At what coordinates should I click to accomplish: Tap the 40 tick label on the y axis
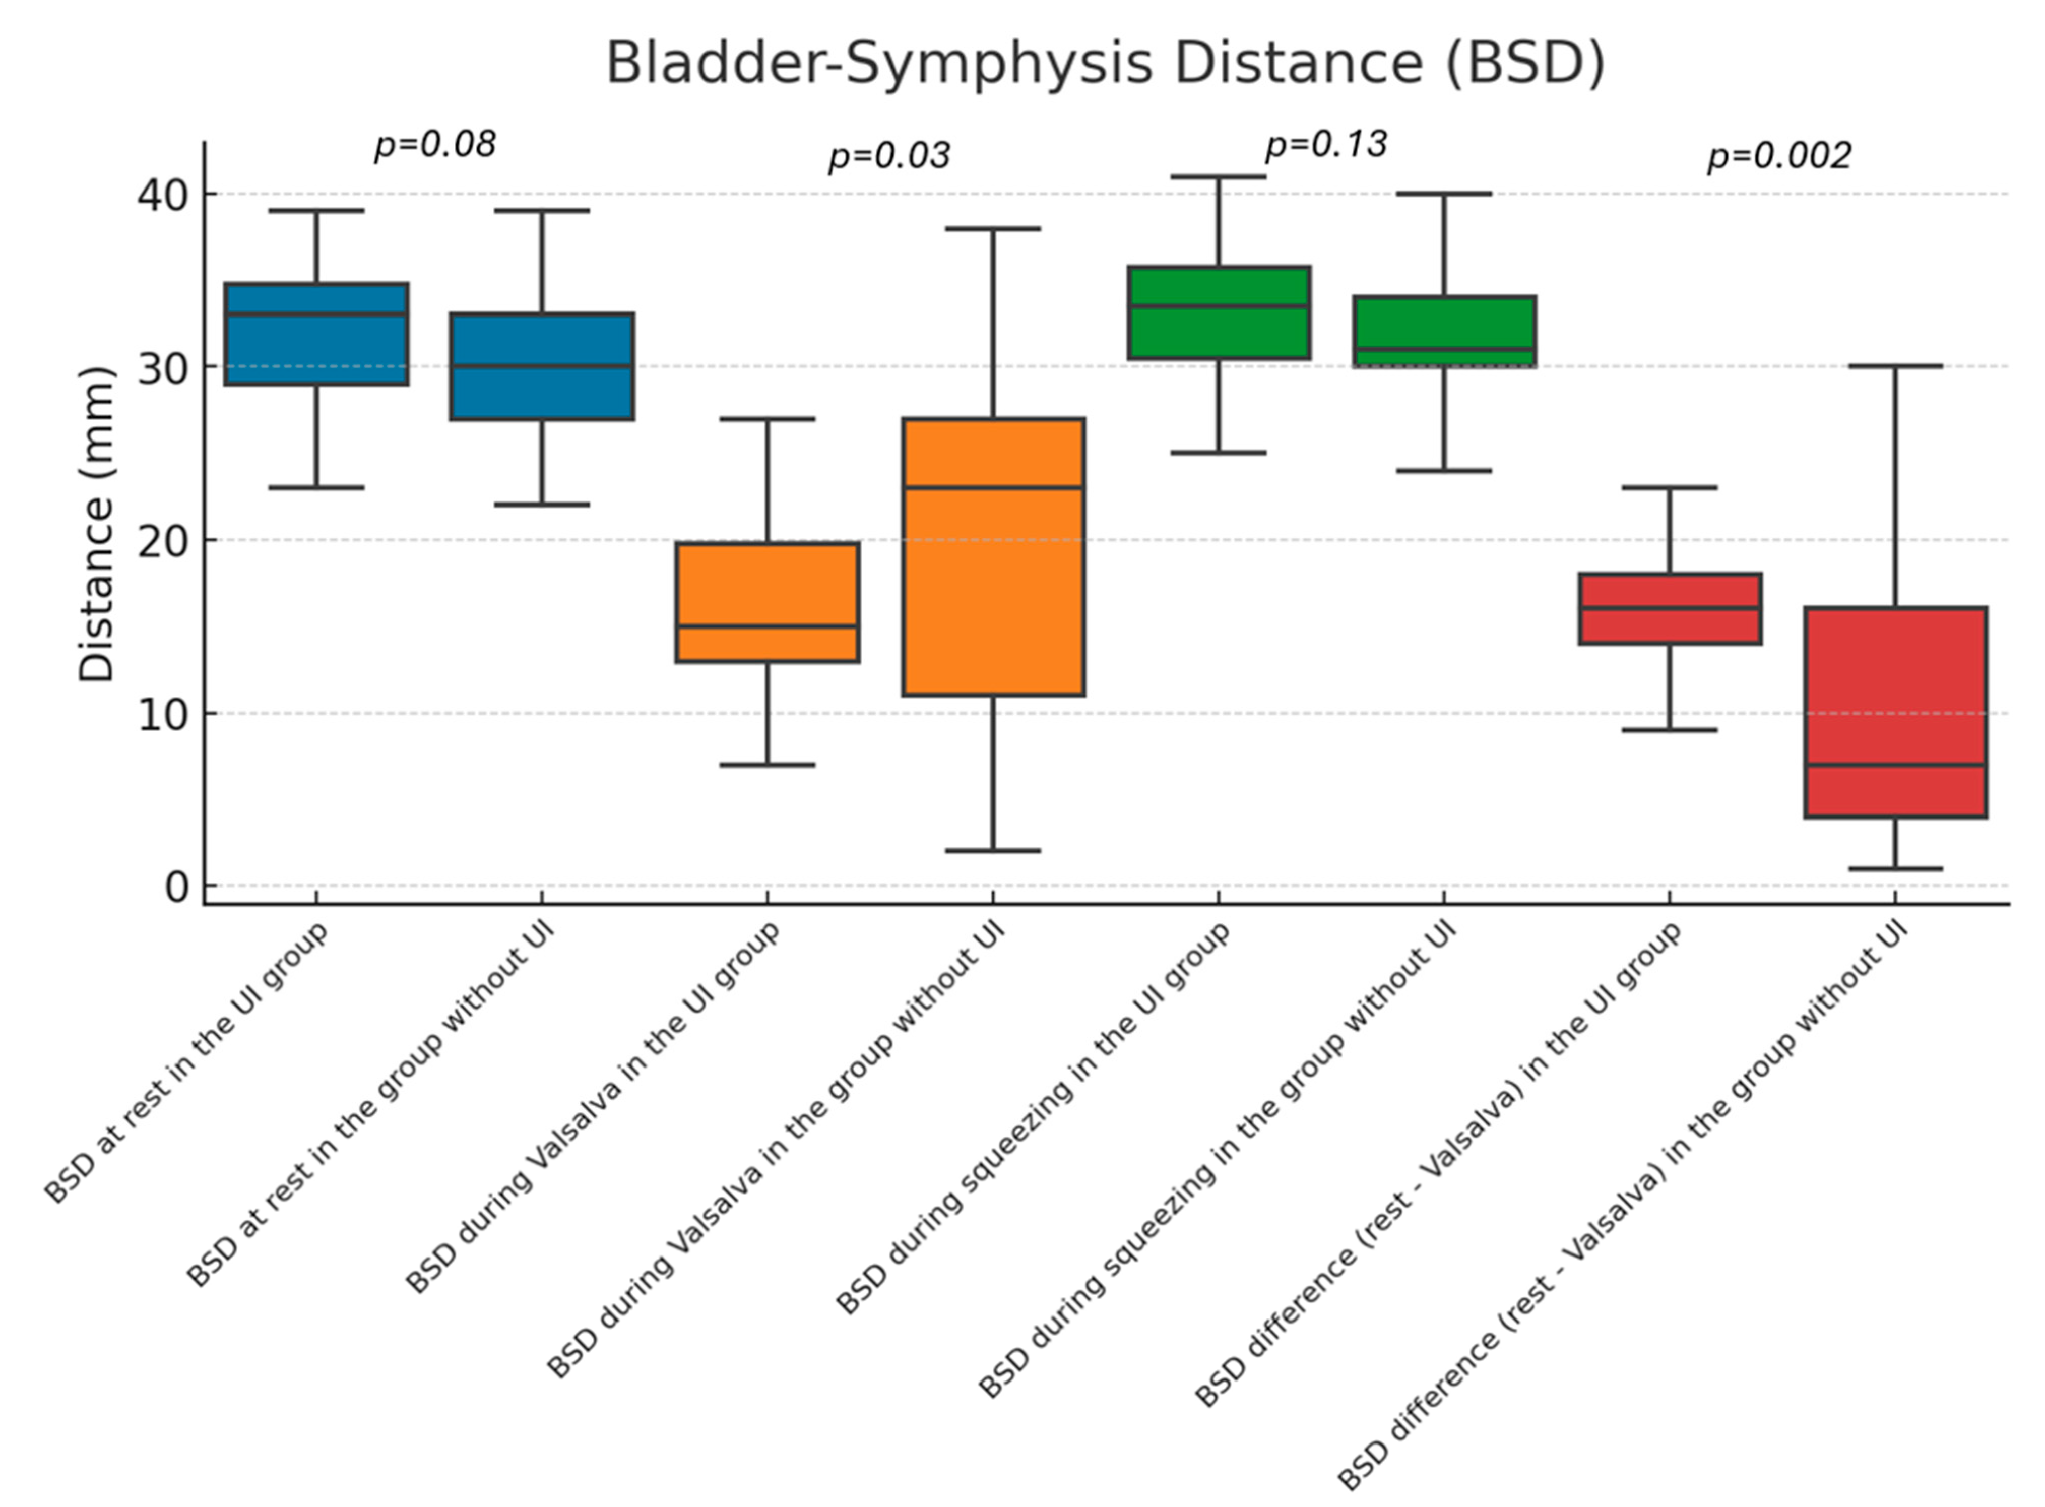[x=162, y=195]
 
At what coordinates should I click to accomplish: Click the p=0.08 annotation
[x=435, y=144]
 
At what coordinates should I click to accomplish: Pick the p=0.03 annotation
[x=888, y=156]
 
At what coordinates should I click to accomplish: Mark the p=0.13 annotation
[x=1325, y=144]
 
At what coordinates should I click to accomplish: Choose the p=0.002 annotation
[x=1778, y=156]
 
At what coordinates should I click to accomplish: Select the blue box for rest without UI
[x=542, y=392]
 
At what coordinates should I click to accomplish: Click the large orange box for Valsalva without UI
[x=993, y=593]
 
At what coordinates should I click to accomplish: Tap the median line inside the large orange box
[x=993, y=487]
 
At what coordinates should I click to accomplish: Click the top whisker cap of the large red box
[x=1895, y=366]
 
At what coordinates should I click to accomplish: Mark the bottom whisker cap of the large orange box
[x=993, y=850]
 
